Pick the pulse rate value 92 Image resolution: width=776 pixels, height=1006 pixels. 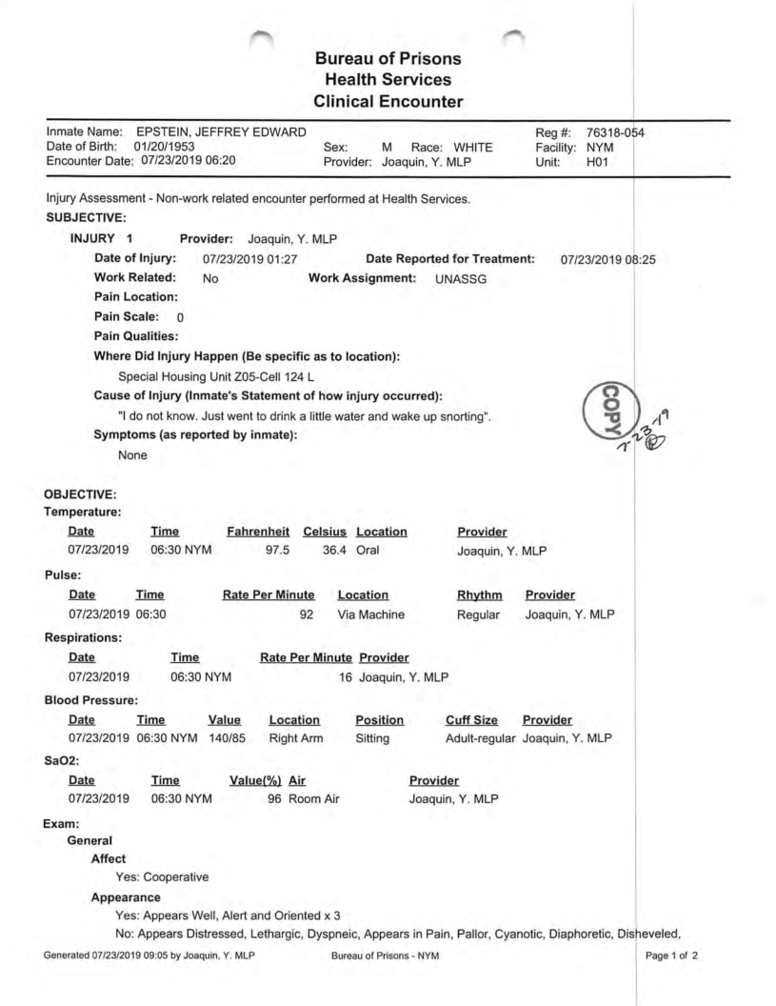(307, 614)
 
